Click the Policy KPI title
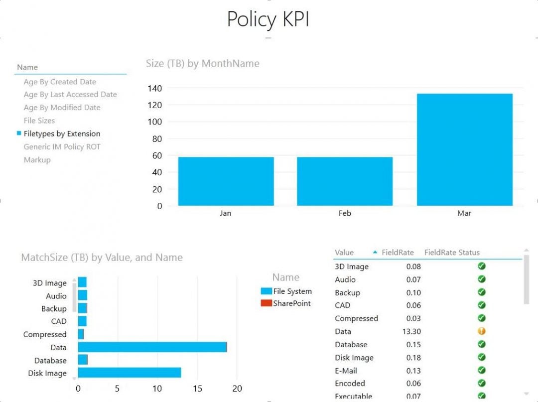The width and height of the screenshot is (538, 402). (268, 19)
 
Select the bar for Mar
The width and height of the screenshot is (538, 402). (464, 149)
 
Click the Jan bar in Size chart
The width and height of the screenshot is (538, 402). (226, 181)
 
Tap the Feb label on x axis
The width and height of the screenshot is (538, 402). (345, 213)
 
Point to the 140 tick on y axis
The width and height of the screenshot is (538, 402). (155, 88)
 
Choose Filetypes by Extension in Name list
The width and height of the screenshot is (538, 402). (62, 134)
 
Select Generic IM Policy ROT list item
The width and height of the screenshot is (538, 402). (62, 146)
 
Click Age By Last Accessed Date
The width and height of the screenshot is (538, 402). (70, 94)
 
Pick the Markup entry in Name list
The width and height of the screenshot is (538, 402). (37, 160)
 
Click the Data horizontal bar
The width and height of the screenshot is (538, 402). (152, 347)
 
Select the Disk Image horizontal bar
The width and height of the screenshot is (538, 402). (129, 373)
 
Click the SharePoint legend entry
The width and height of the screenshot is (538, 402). (291, 303)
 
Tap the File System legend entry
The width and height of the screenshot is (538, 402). (292, 291)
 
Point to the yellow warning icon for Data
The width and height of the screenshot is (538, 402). (481, 331)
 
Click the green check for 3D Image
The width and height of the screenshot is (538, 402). (481, 266)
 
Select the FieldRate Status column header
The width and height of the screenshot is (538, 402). (452, 253)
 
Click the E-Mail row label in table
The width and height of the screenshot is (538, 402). (346, 370)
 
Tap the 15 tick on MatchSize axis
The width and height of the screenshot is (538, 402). (197, 389)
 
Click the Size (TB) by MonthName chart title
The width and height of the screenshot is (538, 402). (202, 63)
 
